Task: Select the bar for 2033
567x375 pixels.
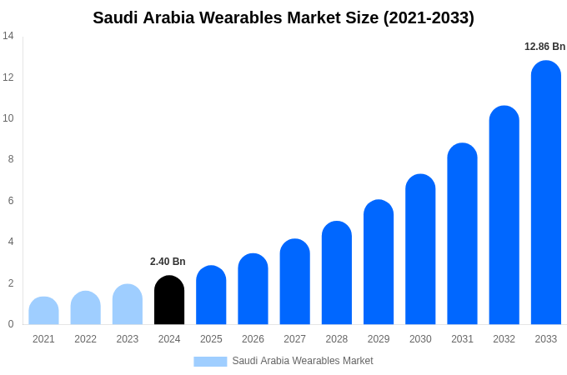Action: [545, 193]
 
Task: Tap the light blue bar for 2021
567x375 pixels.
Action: [43, 311]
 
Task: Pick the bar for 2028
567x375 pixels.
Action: [336, 273]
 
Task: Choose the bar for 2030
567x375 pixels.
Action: [420, 250]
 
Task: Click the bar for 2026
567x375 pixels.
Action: [253, 289]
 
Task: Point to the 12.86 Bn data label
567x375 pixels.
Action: [544, 47]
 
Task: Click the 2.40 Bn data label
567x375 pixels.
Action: [168, 262]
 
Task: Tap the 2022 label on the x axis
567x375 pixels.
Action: [85, 339]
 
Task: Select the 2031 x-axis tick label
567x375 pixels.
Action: [462, 339]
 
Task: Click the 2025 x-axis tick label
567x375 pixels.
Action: [211, 339]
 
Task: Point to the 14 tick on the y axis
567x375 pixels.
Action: [8, 36]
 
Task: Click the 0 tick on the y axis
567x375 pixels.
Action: [10, 324]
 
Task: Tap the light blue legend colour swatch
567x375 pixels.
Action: [210, 362]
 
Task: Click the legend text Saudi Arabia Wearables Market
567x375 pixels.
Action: [303, 361]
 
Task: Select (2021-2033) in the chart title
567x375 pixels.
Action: [429, 17]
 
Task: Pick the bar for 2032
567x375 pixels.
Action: [504, 216]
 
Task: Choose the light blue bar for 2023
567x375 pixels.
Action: [128, 305]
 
